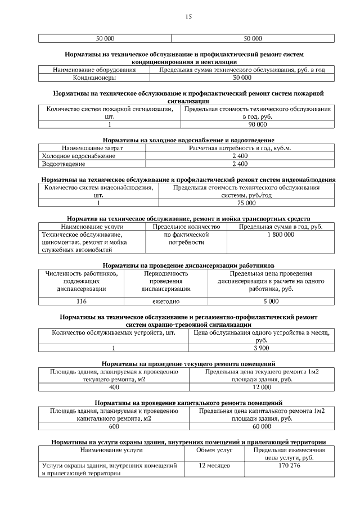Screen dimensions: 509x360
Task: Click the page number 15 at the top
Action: [x=188, y=17]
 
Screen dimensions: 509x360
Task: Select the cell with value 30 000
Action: [x=242, y=78]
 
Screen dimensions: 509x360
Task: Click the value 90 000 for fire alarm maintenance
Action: [x=258, y=124]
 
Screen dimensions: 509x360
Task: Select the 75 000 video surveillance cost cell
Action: [x=246, y=203]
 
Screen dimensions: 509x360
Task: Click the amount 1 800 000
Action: [x=281, y=235]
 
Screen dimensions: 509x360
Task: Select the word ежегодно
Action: [x=166, y=301]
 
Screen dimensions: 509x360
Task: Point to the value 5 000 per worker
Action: [x=271, y=301]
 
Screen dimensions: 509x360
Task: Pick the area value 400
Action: [x=114, y=388]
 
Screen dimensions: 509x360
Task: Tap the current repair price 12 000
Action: [x=262, y=388]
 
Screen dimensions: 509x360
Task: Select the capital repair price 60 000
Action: [x=262, y=427]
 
